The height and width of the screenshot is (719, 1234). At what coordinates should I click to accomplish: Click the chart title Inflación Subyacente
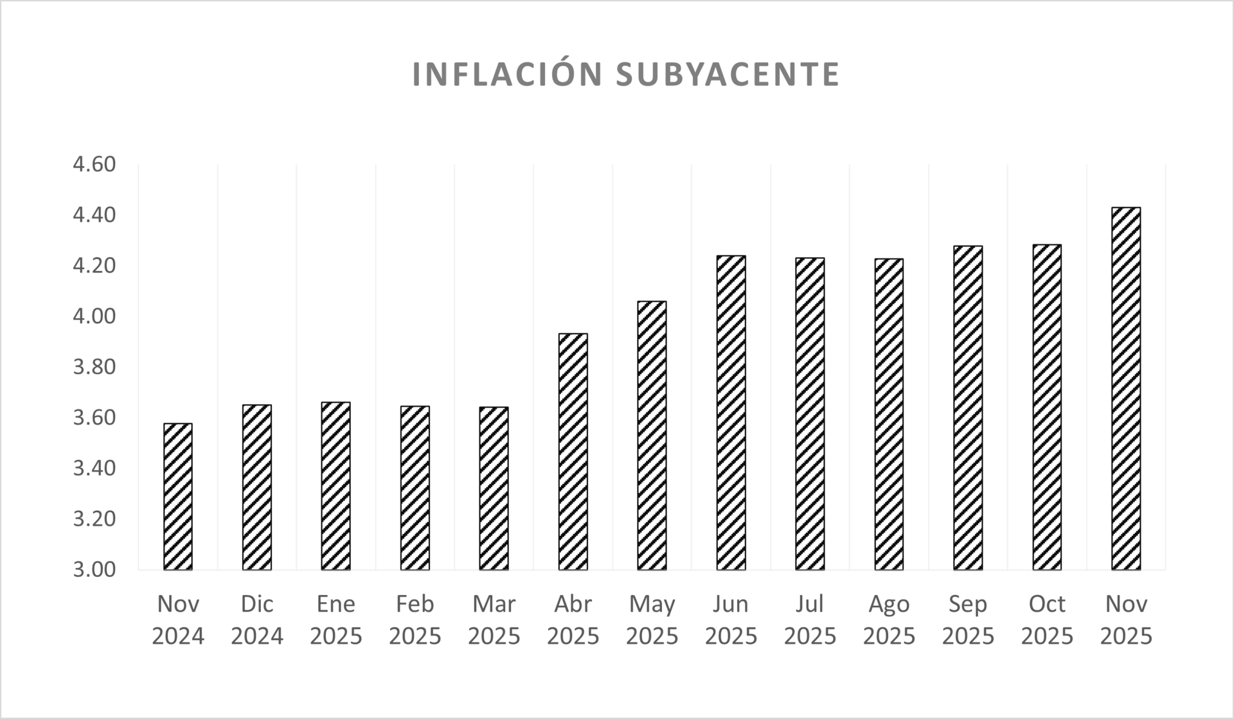tap(625, 75)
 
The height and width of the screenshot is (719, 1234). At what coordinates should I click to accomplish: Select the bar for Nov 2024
tap(178, 496)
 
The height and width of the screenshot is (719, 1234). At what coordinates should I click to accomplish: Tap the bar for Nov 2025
tap(1126, 389)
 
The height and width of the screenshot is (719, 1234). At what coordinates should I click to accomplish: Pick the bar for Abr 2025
tap(573, 452)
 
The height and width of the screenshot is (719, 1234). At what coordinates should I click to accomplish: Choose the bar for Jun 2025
tap(731, 413)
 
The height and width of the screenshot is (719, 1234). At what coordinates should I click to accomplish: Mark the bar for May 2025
tap(652, 435)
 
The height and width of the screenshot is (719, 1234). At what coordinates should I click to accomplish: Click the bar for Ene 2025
tap(336, 486)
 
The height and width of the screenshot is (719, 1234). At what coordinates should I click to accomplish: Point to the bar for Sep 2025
tap(968, 407)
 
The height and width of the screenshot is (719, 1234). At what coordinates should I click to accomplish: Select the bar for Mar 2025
tap(494, 488)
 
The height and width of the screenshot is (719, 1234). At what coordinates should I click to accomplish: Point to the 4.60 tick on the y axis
tap(94, 164)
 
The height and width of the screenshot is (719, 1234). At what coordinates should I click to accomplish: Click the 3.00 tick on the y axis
tap(94, 569)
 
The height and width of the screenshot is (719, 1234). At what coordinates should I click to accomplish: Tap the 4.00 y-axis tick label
tap(94, 316)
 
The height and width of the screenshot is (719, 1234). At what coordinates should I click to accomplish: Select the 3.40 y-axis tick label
tap(94, 468)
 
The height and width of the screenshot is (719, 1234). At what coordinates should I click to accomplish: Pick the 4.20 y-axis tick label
tap(94, 265)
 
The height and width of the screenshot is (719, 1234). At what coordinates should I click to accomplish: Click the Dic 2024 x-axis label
tap(257, 620)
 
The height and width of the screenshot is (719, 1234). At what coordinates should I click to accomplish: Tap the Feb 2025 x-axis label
tap(415, 620)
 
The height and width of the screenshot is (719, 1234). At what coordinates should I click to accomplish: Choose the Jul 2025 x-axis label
tap(810, 620)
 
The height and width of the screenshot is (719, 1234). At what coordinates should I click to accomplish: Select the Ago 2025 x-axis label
tap(889, 620)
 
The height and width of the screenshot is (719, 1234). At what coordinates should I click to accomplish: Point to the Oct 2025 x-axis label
tap(1047, 620)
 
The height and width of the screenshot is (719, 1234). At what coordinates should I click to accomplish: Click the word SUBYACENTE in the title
tap(728, 75)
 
